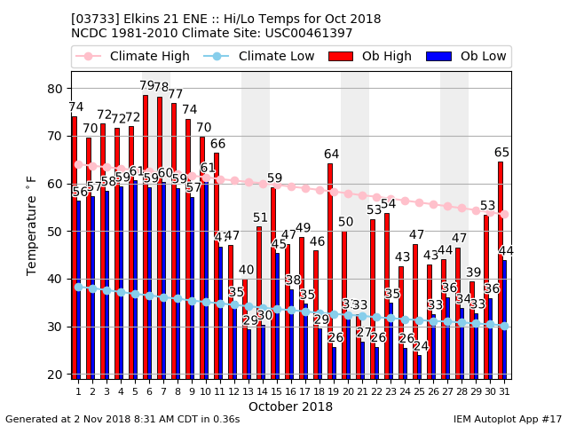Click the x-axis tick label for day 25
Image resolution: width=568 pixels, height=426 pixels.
[x=419, y=391]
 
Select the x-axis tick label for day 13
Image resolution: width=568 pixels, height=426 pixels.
[x=248, y=391]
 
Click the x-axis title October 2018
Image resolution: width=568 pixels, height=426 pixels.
[x=290, y=407]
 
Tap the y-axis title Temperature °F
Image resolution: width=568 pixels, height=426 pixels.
[x=33, y=224]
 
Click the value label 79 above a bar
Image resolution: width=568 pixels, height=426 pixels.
[x=146, y=86]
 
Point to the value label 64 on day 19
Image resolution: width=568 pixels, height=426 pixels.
[x=331, y=154]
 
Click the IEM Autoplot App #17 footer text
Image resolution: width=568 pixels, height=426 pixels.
[x=507, y=419]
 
